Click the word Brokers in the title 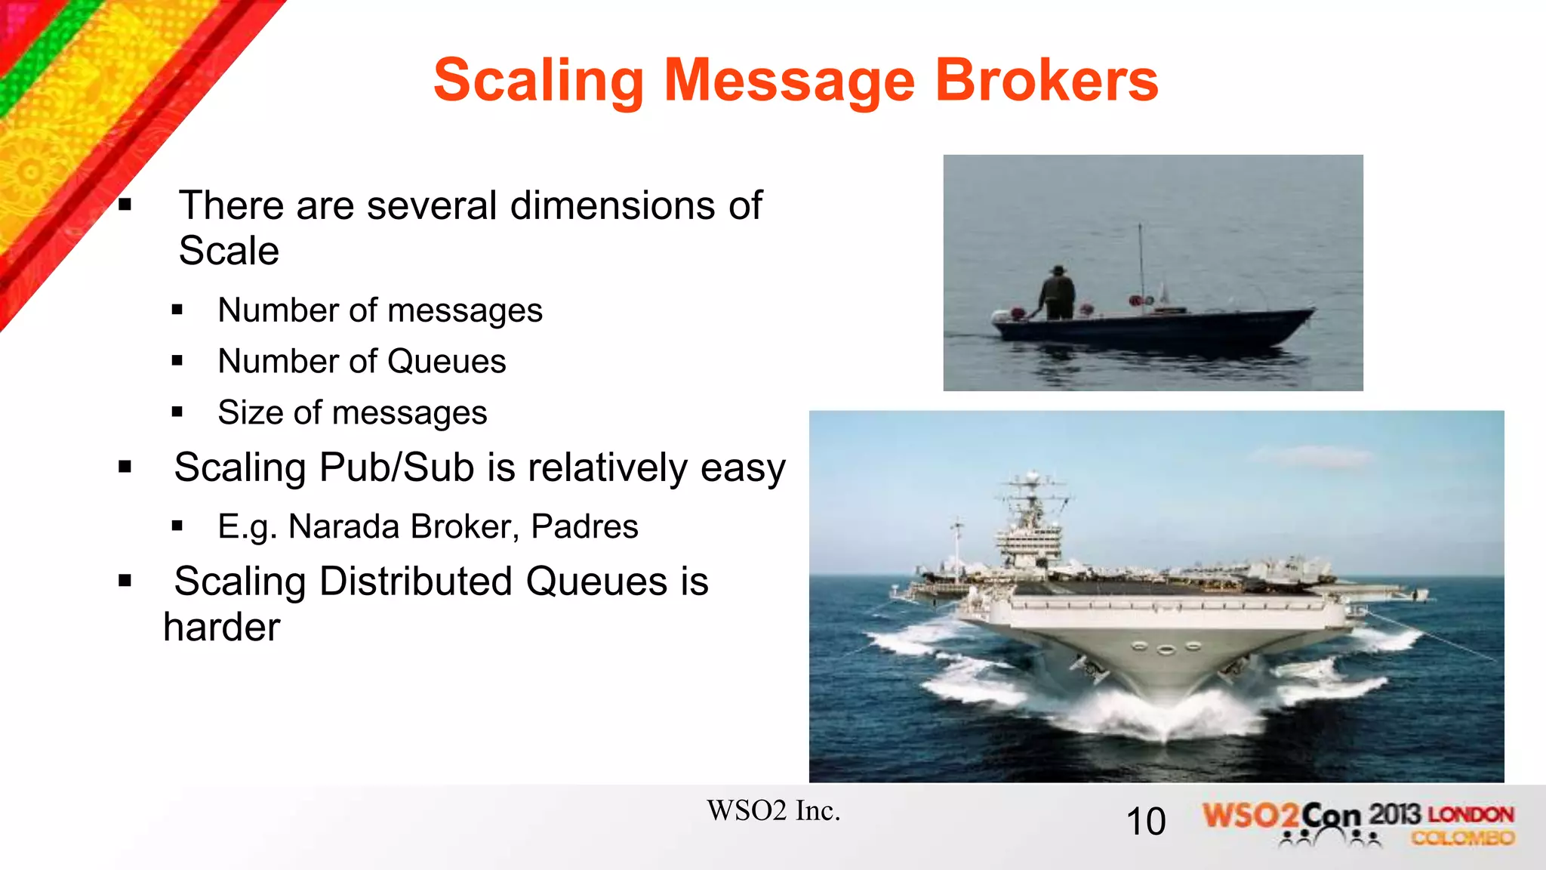[x=1046, y=80]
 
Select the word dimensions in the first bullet [x=613, y=205]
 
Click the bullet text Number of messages [x=380, y=310]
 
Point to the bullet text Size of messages [x=352, y=412]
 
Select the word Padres [x=584, y=526]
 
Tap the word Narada [x=344, y=526]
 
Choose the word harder [x=222, y=627]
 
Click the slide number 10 [x=1145, y=822]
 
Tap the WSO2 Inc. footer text [x=773, y=811]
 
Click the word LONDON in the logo [x=1471, y=815]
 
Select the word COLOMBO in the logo [x=1463, y=838]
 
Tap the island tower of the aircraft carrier [x=1030, y=529]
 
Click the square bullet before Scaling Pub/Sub [x=125, y=467]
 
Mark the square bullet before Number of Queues [x=177, y=362]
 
